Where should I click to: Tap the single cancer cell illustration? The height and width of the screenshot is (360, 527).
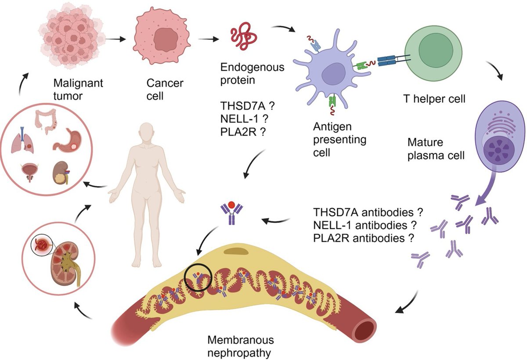(163, 39)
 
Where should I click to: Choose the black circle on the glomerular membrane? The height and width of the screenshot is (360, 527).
(198, 277)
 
